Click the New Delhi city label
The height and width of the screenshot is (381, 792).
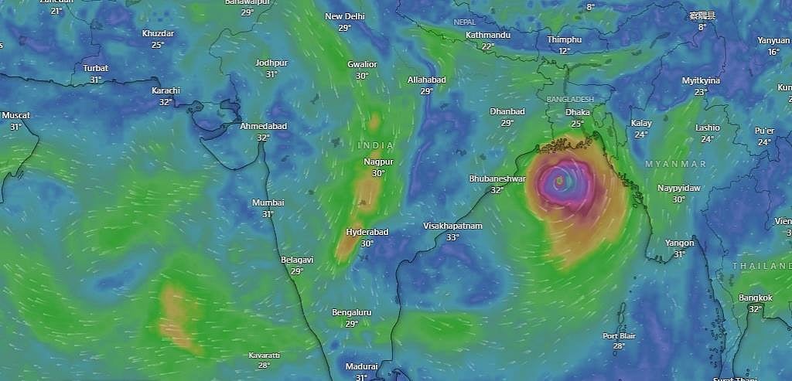[344, 16]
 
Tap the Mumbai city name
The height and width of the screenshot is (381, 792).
[268, 202]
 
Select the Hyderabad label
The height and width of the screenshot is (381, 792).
[367, 232]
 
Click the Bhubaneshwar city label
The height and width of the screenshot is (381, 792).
[497, 179]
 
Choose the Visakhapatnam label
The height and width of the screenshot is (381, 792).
[452, 226]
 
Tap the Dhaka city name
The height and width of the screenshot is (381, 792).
[578, 112]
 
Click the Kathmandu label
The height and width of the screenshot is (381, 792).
[488, 36]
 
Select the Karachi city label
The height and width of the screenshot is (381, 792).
[166, 90]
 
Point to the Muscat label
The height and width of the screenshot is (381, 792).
[15, 115]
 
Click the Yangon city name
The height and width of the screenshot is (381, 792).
[679, 243]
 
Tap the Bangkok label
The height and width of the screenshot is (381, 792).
[755, 298]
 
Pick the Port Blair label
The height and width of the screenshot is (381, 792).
[618, 335]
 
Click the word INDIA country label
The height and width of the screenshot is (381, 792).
[376, 145]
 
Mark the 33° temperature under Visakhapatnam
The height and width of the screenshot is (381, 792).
[452, 237]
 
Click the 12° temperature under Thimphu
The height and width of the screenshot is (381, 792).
[564, 51]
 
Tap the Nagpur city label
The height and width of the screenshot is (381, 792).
[378, 162]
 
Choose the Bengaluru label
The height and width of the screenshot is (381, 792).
[351, 312]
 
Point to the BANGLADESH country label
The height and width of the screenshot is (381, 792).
[569, 100]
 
